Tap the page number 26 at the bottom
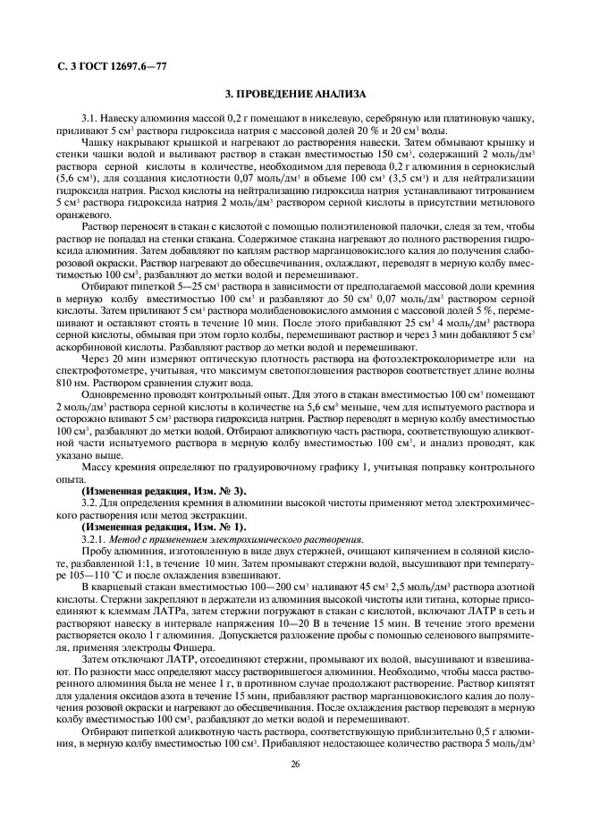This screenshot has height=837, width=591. (x=295, y=764)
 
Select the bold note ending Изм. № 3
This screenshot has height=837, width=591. (x=164, y=491)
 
